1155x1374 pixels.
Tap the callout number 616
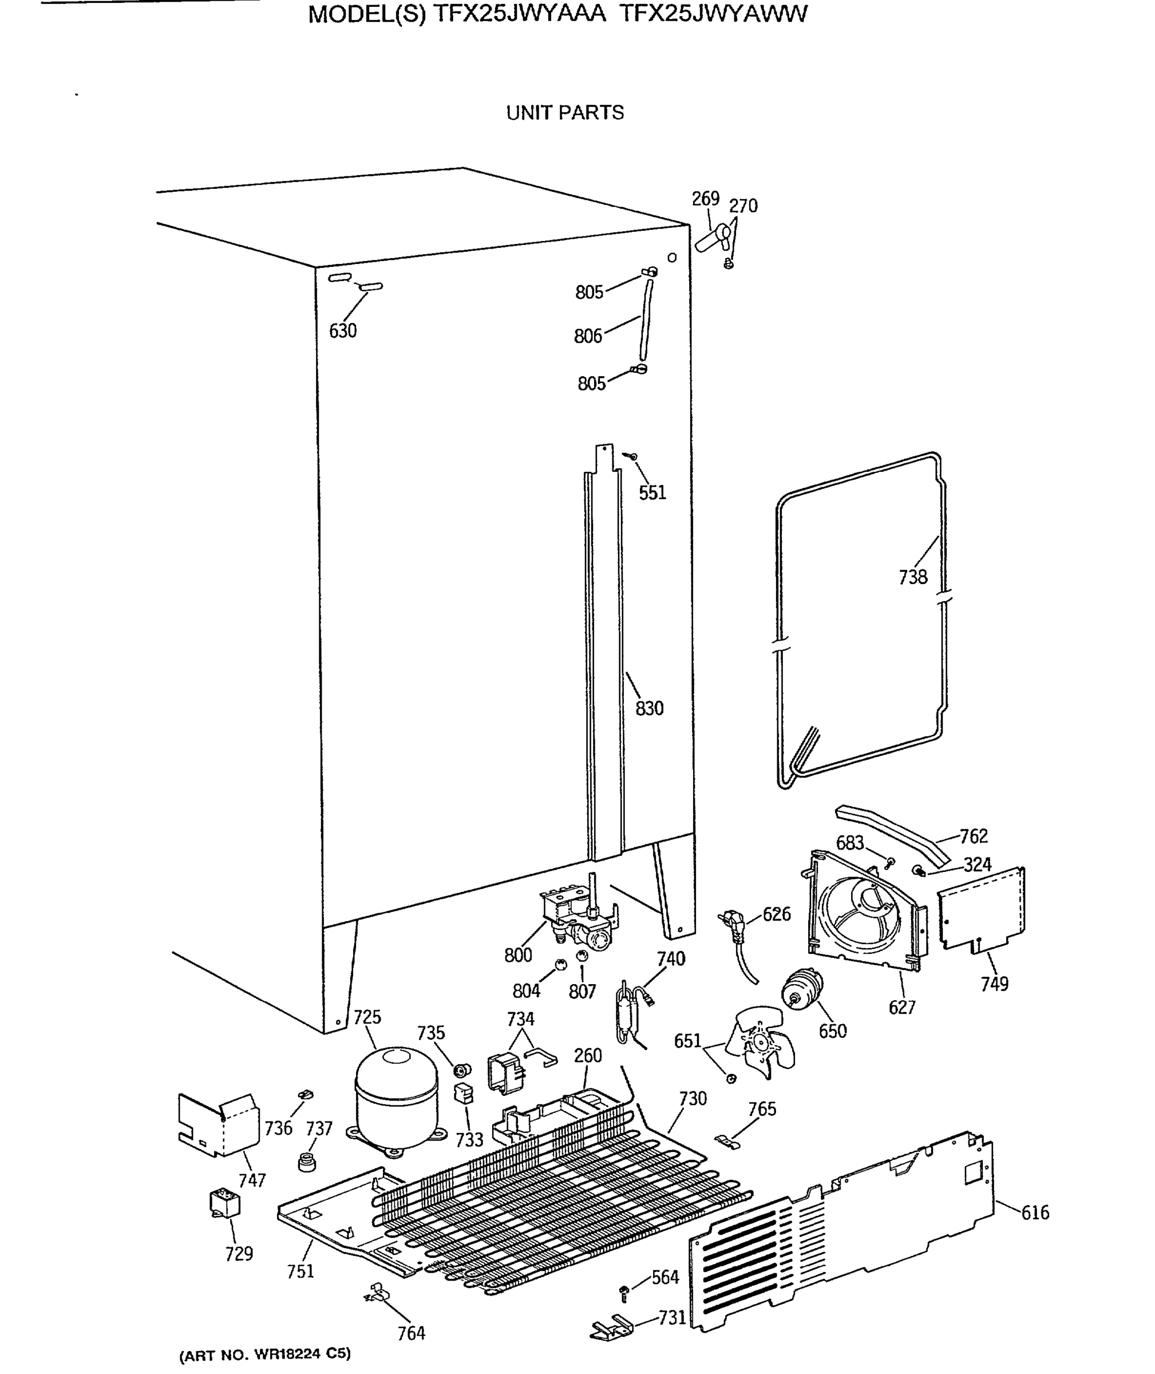(1035, 1212)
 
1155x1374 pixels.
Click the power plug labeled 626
(733, 924)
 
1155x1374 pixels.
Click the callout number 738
(912, 577)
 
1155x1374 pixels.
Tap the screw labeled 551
(632, 456)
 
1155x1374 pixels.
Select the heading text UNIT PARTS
(565, 113)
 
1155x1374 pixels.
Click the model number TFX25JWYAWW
(714, 14)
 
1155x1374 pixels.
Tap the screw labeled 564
(624, 1291)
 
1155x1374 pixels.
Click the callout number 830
(649, 708)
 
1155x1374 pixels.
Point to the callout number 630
(343, 331)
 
